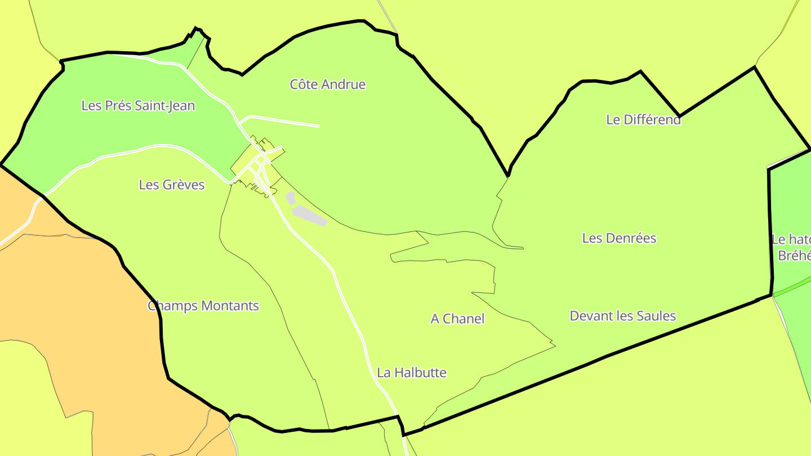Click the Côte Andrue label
point(327,84)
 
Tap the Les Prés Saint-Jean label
point(138,105)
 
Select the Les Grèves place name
point(171,185)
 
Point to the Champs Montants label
point(203,306)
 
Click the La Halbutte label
point(412,372)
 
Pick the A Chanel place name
point(457,319)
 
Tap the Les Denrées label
point(619,238)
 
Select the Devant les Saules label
point(622,316)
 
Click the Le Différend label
point(643,119)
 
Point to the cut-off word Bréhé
point(794,256)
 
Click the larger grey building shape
point(309,215)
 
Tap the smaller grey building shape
point(291,198)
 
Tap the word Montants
point(230,306)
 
